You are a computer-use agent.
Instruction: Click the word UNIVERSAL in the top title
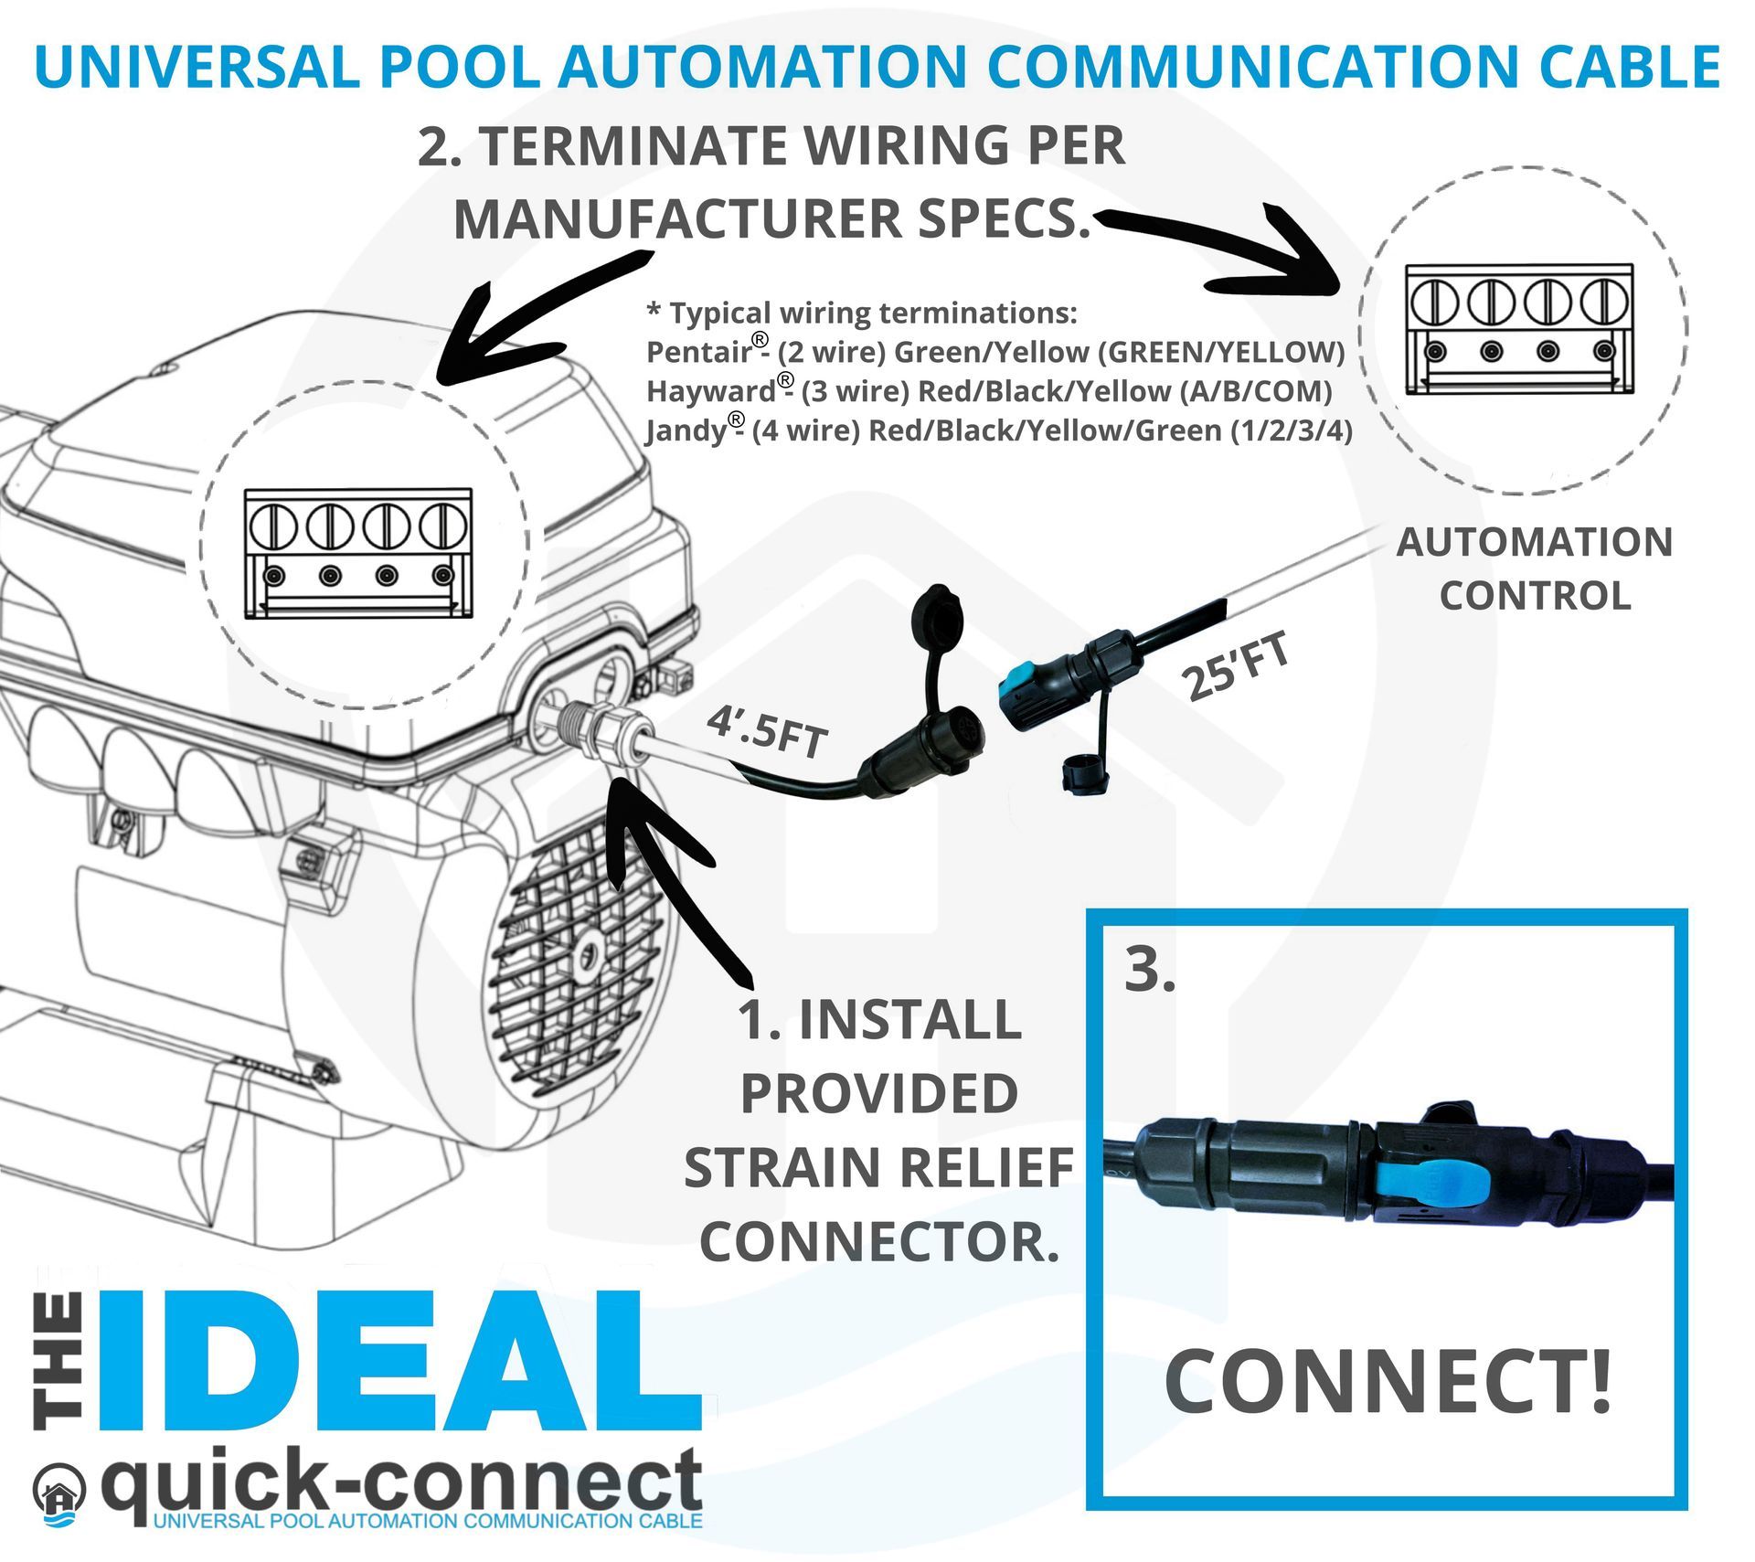197,66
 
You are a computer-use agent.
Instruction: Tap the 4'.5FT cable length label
766,731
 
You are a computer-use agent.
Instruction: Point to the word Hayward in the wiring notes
710,391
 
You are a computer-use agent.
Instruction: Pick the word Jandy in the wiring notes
686,430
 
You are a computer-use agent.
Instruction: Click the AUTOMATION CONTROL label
1535,568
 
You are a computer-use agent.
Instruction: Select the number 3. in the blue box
1149,970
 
